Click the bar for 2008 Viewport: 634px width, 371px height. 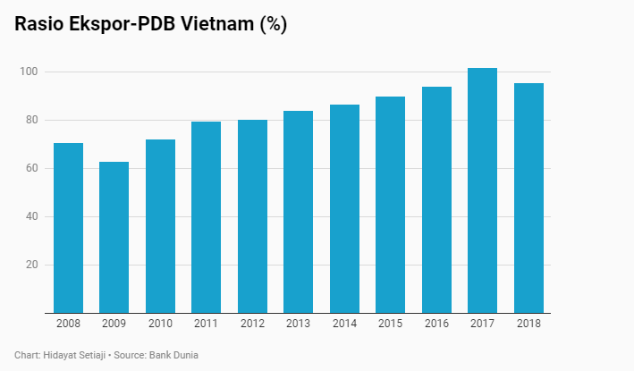68,228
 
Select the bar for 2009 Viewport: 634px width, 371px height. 114,237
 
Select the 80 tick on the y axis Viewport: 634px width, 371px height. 31,120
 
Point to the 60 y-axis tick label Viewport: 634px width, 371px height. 31,168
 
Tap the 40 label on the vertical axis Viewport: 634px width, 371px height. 31,216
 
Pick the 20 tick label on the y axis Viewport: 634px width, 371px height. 31,265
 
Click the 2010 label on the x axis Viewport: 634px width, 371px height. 160,324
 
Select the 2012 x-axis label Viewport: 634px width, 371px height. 252,324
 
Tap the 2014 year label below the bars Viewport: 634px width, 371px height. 344,324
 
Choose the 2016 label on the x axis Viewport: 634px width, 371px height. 436,324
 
